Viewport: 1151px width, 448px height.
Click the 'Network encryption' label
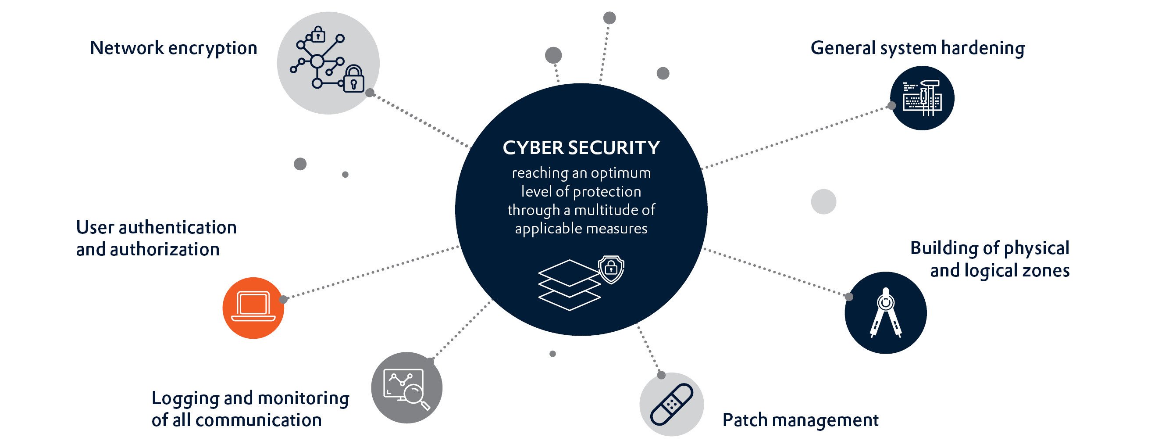click(173, 48)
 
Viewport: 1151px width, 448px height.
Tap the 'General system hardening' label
click(917, 48)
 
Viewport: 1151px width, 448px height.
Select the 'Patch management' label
click(800, 420)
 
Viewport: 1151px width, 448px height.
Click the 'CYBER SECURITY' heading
click(581, 148)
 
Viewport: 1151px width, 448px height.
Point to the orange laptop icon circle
click(253, 308)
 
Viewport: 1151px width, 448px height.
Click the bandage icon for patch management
click(672, 404)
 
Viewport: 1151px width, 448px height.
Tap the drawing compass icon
click(886, 312)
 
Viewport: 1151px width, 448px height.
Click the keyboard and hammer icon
click(922, 98)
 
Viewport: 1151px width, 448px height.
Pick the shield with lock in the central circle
click(611, 269)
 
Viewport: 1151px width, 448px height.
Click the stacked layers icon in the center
click(569, 285)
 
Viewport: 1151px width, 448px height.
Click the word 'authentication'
click(178, 228)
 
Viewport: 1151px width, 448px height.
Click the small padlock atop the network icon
click(318, 34)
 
